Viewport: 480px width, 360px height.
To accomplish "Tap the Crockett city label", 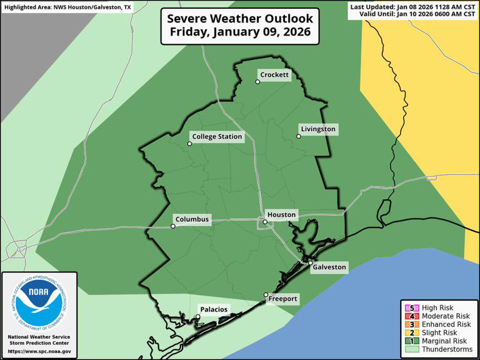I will click(x=274, y=75).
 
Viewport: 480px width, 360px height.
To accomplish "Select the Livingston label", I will click(x=318, y=129).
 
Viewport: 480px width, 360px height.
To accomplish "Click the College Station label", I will click(x=217, y=137).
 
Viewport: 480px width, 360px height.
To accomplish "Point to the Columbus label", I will click(x=192, y=219).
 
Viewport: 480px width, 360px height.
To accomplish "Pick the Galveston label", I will click(x=329, y=267).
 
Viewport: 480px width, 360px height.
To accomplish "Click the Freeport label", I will click(x=282, y=299).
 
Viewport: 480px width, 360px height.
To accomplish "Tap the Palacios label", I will click(x=213, y=309).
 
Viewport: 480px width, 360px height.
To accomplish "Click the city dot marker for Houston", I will click(x=265, y=222).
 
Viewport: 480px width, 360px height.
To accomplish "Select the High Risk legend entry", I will click(x=437, y=308).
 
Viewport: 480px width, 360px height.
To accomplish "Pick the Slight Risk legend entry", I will click(x=437, y=332).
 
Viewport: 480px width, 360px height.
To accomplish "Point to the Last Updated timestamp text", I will click(x=413, y=6).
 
